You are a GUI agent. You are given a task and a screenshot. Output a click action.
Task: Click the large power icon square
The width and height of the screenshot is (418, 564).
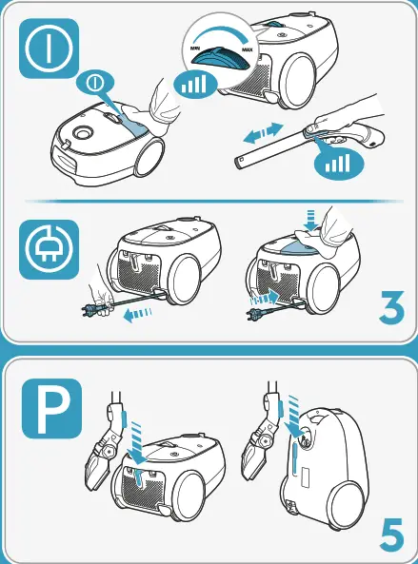pos(49,49)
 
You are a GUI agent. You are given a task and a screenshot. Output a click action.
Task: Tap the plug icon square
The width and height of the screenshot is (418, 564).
pos(49,249)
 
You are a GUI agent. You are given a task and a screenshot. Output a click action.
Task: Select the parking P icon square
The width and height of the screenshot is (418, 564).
pos(51,408)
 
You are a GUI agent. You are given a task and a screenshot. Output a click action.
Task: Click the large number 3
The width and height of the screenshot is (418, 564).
pos(391,307)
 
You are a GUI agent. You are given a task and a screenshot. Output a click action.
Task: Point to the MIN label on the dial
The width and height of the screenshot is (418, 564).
pos(196,49)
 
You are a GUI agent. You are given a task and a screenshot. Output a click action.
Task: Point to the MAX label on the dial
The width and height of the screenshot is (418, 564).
pos(247,50)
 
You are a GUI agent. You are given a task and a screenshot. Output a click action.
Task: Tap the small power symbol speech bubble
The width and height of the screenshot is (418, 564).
pos(95,84)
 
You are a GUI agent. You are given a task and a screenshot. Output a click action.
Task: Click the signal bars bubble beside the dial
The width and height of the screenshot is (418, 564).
pos(195,85)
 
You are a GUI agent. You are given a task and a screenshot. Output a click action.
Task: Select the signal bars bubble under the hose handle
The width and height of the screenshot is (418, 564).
pos(338,163)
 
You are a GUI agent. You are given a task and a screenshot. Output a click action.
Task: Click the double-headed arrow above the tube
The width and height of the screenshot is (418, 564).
pos(264,133)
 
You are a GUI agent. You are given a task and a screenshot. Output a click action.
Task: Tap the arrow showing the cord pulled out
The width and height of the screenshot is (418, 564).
pos(137,315)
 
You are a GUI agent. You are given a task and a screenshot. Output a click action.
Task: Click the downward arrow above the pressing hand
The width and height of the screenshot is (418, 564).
pos(310,220)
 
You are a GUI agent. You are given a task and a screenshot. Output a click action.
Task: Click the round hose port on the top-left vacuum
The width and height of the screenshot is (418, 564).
pos(83,132)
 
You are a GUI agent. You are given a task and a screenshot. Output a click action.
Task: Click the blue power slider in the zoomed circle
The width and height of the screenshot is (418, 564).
pos(220,59)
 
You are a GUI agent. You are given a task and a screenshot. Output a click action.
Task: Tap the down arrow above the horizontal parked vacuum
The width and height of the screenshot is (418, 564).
pos(137,444)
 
